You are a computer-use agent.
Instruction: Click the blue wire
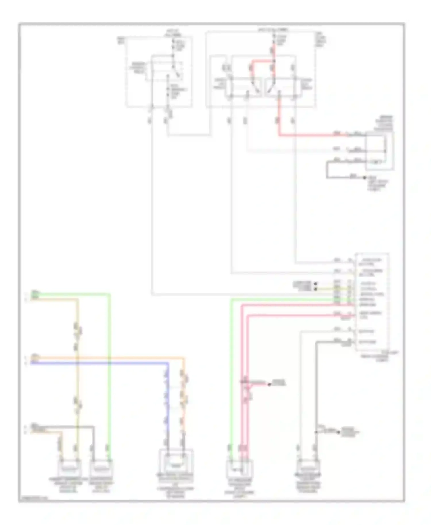[x=101, y=363]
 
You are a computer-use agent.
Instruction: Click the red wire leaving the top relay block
[x=310, y=134]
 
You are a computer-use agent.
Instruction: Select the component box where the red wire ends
[x=379, y=151]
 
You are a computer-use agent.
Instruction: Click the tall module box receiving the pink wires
[x=372, y=302]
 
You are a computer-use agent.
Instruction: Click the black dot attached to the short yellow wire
[x=316, y=289]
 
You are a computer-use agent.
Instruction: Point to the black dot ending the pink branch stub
[x=270, y=384]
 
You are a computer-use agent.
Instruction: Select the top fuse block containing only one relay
[x=159, y=72]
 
